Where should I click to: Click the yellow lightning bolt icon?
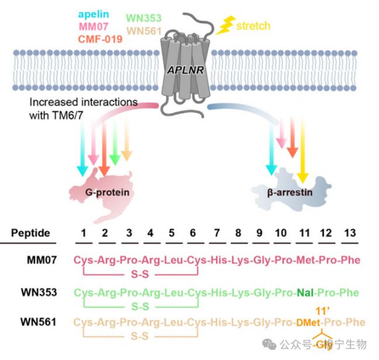coord(226,24)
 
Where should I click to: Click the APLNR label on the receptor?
coord(185,69)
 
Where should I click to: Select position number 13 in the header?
coord(349,232)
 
